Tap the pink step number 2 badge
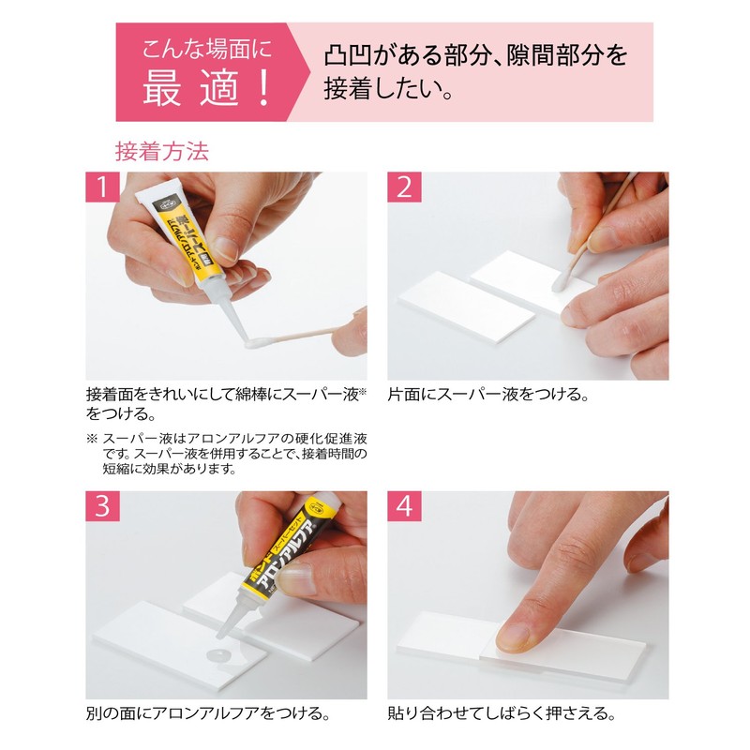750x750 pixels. [404, 187]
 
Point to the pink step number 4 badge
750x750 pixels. [404, 506]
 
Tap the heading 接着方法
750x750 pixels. [161, 151]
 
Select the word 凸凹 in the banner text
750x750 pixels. [348, 53]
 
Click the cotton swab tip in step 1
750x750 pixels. [255, 344]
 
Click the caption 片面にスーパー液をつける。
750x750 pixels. [487, 395]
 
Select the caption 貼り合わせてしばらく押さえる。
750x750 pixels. [502, 714]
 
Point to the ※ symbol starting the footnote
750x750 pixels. [92, 438]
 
